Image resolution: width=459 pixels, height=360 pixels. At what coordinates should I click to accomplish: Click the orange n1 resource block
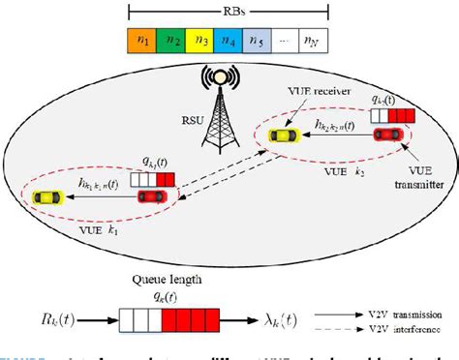pyautogui.click(x=142, y=41)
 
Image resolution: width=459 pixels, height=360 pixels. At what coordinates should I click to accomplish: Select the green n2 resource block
pyautogui.click(x=171, y=41)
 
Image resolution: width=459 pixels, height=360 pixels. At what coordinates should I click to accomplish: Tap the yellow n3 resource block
pyautogui.click(x=200, y=41)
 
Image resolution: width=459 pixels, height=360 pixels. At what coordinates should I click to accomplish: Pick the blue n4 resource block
pyautogui.click(x=229, y=41)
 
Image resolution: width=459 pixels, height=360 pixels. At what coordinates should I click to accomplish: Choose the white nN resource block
pyautogui.click(x=312, y=41)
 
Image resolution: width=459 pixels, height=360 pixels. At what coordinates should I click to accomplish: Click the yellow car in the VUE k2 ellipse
pyautogui.click(x=284, y=136)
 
